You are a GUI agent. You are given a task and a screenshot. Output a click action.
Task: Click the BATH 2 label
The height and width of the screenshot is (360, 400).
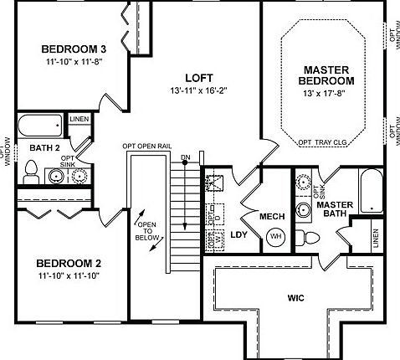click(x=45, y=148)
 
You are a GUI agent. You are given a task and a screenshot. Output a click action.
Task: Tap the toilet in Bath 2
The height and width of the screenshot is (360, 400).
click(x=31, y=172)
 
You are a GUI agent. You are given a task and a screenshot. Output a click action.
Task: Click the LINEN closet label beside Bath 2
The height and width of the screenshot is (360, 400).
click(x=79, y=121)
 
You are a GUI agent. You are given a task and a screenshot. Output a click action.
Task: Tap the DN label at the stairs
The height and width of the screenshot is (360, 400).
click(x=185, y=157)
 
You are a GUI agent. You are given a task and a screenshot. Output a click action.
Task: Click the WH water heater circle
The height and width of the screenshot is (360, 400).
click(x=275, y=237)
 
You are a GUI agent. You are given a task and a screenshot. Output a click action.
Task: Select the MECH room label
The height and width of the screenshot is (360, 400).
click(x=272, y=217)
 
